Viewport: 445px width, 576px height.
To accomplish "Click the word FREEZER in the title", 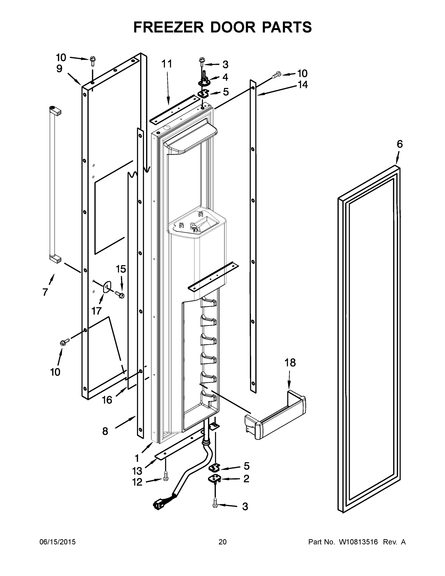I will click(x=168, y=27).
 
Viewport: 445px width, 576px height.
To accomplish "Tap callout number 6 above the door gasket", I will click(x=400, y=144).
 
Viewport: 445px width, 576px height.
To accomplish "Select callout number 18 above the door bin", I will click(x=290, y=363).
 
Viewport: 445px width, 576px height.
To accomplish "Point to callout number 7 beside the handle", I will click(x=45, y=292).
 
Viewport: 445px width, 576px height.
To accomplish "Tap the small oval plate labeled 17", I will click(x=107, y=287).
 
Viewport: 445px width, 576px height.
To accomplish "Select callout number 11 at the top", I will click(x=167, y=64).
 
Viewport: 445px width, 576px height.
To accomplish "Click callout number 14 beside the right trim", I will click(x=303, y=85).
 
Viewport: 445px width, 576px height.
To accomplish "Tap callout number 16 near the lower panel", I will click(x=107, y=400).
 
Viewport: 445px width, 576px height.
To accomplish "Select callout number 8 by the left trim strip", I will click(x=105, y=432).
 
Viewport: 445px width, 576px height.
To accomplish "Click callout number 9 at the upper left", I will click(x=59, y=69).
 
